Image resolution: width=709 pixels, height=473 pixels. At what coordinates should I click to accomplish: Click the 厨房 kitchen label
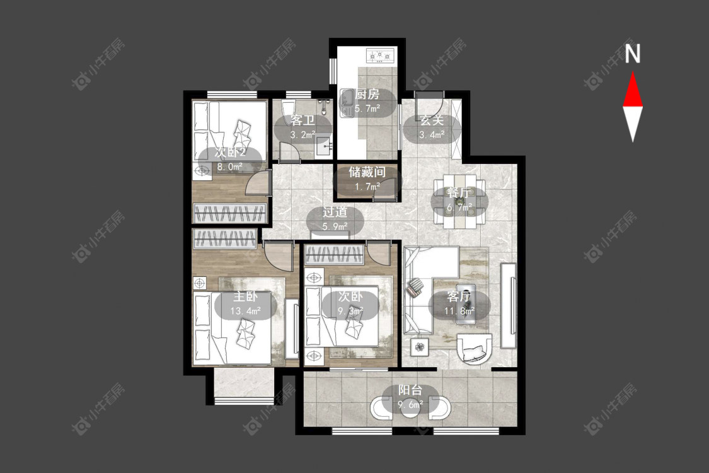pos(367,94)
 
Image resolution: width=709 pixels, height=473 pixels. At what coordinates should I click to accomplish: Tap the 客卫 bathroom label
pos(303,120)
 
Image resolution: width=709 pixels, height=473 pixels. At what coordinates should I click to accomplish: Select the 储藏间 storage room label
pos(367,172)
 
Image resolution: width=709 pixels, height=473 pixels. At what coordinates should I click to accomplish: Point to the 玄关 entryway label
pos(432,120)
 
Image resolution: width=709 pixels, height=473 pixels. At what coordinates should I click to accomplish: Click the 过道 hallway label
pos(335,212)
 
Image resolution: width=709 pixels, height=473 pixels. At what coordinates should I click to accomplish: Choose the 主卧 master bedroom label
pos(246,296)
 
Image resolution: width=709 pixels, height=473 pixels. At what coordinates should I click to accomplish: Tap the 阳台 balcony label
pos(410,390)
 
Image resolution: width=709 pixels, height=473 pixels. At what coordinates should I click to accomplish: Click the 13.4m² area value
pos(246,311)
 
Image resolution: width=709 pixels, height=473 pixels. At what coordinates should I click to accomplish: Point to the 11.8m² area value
pos(459,311)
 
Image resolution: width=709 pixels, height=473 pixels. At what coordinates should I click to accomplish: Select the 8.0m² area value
pos(229,166)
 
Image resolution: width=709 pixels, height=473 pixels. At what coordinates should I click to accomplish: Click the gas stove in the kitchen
pos(381,55)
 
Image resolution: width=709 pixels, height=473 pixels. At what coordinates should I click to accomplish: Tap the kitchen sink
pos(347,103)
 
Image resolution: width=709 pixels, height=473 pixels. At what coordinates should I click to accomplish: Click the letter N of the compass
pos(633,54)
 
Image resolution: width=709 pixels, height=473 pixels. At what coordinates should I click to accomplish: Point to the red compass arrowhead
pos(633,91)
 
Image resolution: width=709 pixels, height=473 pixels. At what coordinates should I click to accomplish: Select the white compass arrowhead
pos(633,122)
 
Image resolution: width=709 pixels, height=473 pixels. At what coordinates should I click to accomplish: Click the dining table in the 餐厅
pos(459,201)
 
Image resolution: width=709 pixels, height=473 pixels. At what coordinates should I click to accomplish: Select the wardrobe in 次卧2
pos(229,213)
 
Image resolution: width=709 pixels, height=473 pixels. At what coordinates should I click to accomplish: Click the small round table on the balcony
pos(410,407)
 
